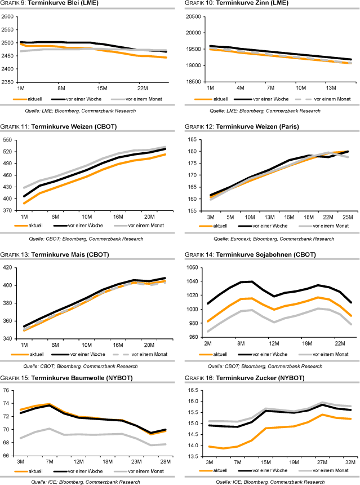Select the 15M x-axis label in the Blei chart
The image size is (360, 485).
(x=102, y=89)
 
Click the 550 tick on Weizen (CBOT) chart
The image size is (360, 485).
(x=10, y=140)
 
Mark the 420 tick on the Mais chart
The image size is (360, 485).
(x=10, y=267)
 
